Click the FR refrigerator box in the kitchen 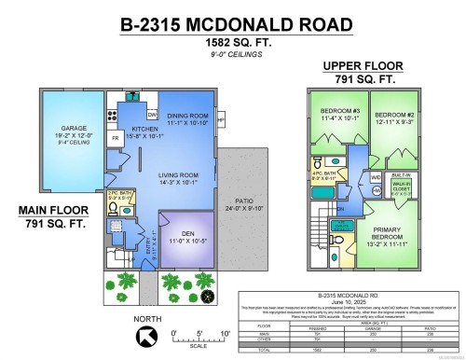116,137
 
